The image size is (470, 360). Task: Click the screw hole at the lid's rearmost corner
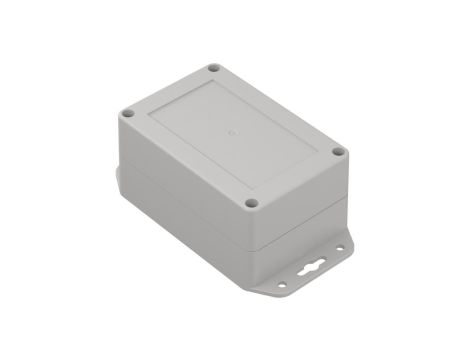pyautogui.click(x=213, y=69)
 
